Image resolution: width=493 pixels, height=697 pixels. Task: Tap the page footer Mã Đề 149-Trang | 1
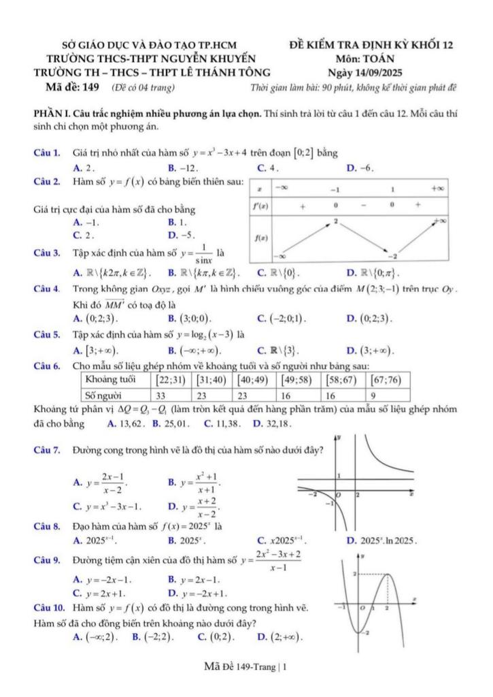click(x=245, y=667)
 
